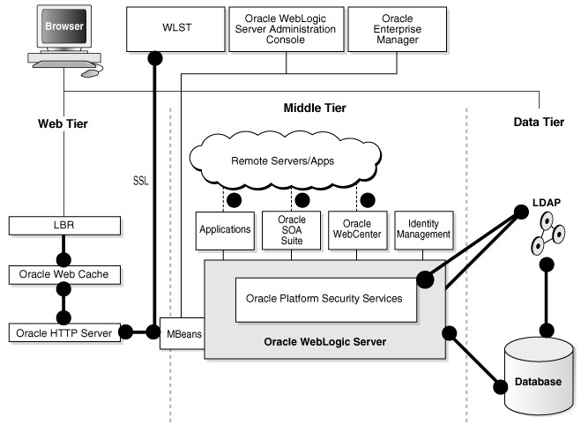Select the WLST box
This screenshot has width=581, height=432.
point(171,27)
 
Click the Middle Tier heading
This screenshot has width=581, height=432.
point(314,108)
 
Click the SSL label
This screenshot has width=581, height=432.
point(140,180)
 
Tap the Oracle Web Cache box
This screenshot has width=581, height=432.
point(63,274)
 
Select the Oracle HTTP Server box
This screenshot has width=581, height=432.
point(63,333)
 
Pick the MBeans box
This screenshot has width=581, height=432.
point(182,333)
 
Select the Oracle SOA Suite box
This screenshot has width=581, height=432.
point(291,229)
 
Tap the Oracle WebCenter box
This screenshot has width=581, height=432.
point(356,229)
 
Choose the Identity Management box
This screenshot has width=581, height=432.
point(424,229)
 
